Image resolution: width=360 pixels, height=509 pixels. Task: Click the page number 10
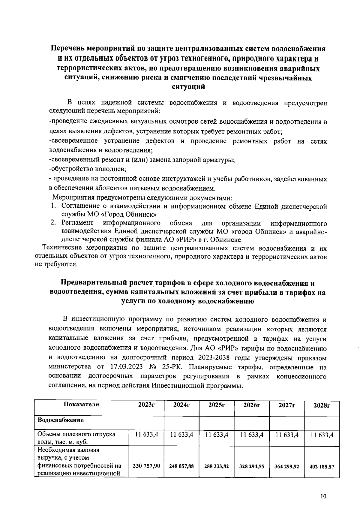323,496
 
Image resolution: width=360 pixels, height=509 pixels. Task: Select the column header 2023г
146,405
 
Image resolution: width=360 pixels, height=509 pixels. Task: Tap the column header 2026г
251,405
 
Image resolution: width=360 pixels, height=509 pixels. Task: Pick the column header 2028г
322,406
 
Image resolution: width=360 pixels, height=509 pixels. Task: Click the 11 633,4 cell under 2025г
217,435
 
